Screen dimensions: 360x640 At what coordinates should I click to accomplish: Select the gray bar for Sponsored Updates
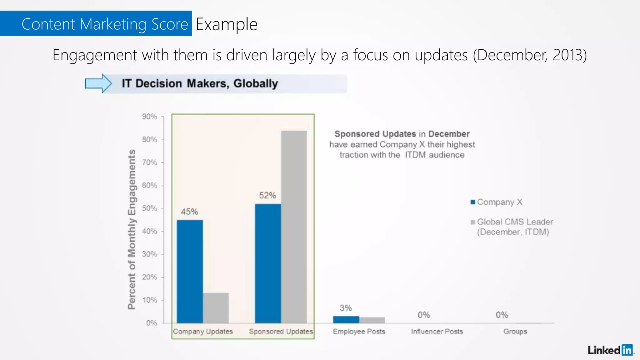pyautogui.click(x=294, y=227)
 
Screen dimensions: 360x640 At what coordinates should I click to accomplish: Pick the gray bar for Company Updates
pyautogui.click(x=216, y=308)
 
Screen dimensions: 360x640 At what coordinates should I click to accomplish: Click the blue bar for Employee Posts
pyautogui.click(x=346, y=319)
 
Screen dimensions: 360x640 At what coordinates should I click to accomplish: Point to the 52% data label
pyautogui.click(x=267, y=196)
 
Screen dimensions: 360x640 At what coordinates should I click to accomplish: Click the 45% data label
pyautogui.click(x=189, y=212)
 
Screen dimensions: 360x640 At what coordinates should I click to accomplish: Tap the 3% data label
pyautogui.click(x=346, y=308)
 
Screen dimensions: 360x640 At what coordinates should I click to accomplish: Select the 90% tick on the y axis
pyautogui.click(x=149, y=117)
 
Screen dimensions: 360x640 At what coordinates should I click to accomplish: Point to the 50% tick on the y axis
pyautogui.click(x=149, y=208)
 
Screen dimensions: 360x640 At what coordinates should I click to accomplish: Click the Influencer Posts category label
pyautogui.click(x=437, y=332)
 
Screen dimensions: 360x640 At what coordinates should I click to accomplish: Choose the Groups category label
pyautogui.click(x=515, y=332)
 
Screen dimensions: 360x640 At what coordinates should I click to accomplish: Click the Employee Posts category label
pyautogui.click(x=359, y=332)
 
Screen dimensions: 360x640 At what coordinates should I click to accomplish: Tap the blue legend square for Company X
pyautogui.click(x=473, y=202)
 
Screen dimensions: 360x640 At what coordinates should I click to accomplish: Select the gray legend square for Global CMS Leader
pyautogui.click(x=473, y=222)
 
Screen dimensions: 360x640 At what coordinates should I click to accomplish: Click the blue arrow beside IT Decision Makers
pyautogui.click(x=98, y=83)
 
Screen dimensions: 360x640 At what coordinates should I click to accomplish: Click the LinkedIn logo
pyautogui.click(x=610, y=350)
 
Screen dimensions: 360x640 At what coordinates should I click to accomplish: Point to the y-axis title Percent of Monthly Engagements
pyautogui.click(x=132, y=230)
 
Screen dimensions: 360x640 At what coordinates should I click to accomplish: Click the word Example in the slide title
pyautogui.click(x=227, y=24)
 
